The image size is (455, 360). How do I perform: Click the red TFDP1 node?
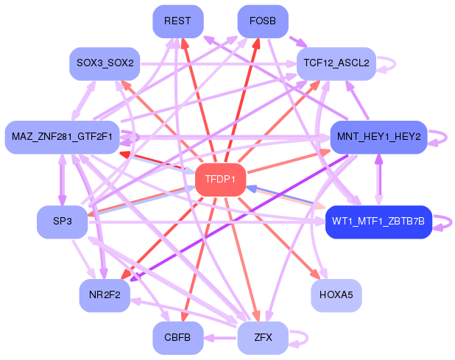221,180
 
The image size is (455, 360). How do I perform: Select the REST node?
178,21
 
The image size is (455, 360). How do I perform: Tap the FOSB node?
263,21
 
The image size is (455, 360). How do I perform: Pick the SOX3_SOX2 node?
105,63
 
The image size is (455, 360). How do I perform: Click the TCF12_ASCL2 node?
336,63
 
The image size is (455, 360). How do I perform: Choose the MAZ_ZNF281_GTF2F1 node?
63,137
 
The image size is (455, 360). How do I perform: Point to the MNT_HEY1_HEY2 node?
378,137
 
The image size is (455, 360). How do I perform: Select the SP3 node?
63,222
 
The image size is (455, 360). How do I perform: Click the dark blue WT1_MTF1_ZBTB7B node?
378,222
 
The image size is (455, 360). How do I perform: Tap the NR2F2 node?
105,296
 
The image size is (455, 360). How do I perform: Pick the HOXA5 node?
336,296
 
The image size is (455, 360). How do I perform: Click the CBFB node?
178,338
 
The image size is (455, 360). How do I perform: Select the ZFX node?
263,338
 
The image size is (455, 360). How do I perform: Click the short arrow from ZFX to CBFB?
221,338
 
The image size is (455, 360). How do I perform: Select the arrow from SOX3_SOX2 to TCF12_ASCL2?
219,63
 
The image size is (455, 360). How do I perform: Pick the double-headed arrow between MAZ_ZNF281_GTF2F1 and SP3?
63,180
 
